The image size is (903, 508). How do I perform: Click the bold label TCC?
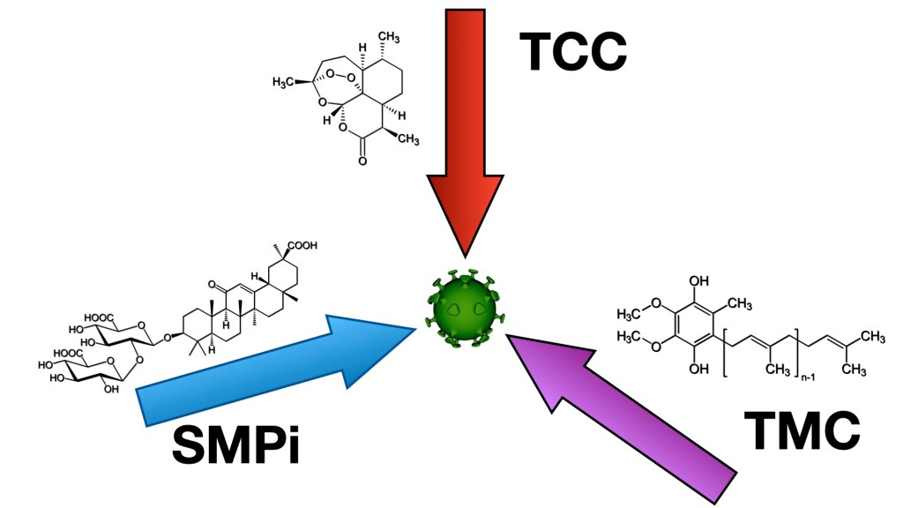click(571, 50)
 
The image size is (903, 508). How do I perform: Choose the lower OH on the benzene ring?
click(699, 368)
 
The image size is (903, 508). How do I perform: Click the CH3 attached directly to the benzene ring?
click(739, 304)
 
